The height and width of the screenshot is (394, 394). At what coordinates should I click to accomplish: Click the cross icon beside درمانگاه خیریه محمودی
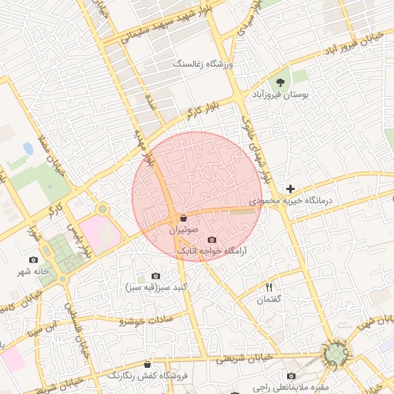click(290, 189)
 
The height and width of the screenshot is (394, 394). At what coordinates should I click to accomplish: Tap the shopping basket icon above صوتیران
click(183, 218)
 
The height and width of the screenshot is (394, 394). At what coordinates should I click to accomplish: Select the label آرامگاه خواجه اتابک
click(212, 251)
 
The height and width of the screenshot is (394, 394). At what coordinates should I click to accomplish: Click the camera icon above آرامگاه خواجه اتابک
click(212, 239)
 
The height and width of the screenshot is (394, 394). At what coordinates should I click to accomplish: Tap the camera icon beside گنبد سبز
click(155, 275)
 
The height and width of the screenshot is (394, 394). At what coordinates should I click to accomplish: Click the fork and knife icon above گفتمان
click(268, 286)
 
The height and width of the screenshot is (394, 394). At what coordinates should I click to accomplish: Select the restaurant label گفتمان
click(267, 299)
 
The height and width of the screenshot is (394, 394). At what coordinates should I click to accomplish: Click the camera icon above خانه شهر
click(33, 260)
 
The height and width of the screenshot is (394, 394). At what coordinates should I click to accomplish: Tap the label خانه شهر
click(33, 272)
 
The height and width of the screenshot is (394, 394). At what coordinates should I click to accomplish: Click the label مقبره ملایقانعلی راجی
click(291, 387)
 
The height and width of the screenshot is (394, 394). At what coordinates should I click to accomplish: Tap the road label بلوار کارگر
click(197, 110)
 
